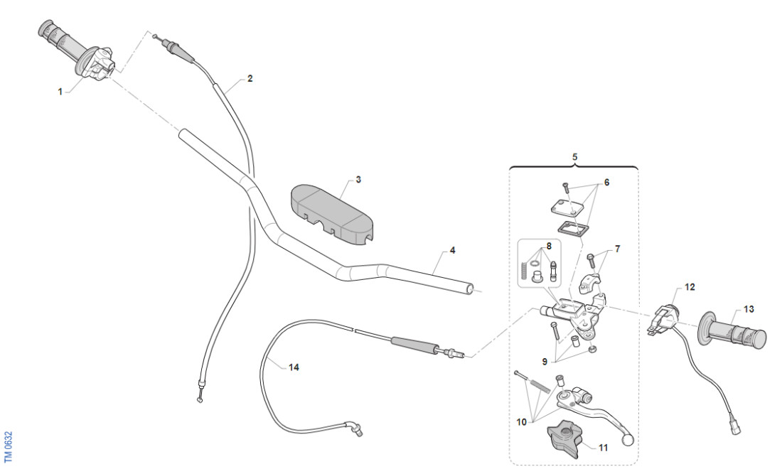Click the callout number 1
(60, 92)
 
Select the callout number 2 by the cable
(250, 79)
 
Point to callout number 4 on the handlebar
(452, 252)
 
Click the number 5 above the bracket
(574, 155)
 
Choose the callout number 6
(606, 182)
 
